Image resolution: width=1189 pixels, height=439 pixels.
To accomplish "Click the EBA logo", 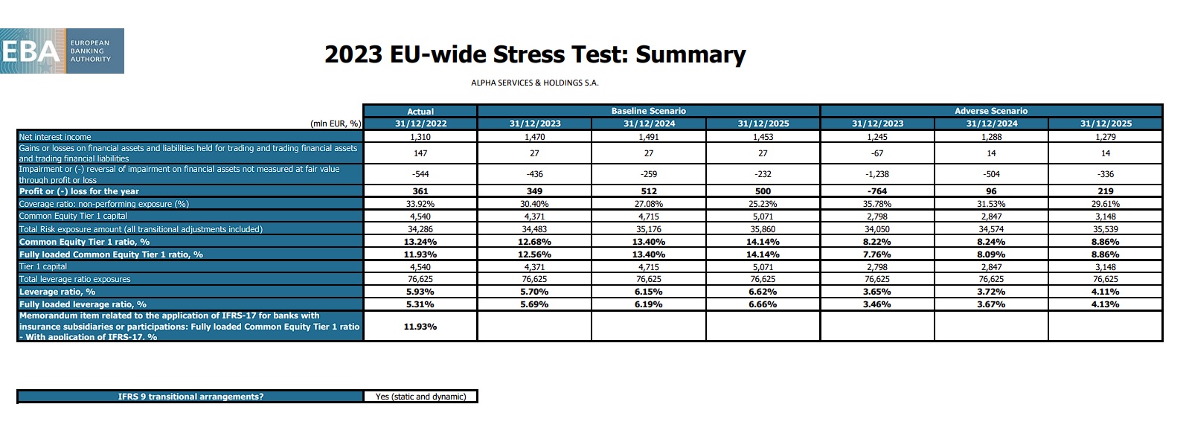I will click(x=62, y=51).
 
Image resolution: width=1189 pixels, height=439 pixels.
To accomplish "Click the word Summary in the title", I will click(x=690, y=54).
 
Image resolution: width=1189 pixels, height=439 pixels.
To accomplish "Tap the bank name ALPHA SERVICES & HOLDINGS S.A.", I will click(x=534, y=83).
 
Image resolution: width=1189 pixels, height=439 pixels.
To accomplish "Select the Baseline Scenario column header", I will click(x=648, y=111).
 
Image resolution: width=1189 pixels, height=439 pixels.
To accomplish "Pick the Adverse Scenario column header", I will click(x=991, y=111).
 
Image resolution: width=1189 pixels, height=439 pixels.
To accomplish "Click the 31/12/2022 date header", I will click(x=420, y=124).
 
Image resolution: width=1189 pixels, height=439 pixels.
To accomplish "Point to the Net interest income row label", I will click(x=55, y=137).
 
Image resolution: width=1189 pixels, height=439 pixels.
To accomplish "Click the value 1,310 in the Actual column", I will click(x=420, y=137).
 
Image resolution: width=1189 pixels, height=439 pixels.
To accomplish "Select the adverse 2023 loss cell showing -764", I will click(x=877, y=191).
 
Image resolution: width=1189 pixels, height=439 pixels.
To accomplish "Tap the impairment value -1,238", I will click(x=877, y=174).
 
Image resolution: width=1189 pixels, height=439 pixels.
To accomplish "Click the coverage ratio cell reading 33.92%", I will click(x=420, y=204).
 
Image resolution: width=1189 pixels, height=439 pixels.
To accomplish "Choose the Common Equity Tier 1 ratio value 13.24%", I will click(x=420, y=242).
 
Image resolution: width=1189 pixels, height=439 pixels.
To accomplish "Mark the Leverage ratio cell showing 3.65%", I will click(x=877, y=292).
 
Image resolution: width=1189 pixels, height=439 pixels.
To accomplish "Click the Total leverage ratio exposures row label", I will click(x=74, y=279).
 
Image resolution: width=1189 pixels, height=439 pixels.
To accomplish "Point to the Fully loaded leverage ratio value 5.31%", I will click(x=420, y=304).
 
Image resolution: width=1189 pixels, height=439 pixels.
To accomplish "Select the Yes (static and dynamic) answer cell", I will click(x=420, y=397).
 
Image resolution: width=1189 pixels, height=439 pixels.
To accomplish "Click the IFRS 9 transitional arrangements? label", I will click(x=190, y=397).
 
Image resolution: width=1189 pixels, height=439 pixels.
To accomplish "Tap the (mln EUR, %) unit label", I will click(x=335, y=124).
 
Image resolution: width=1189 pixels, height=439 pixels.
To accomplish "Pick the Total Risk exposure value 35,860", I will click(x=763, y=229).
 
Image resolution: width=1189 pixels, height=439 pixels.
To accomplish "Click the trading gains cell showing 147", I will click(x=420, y=153).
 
